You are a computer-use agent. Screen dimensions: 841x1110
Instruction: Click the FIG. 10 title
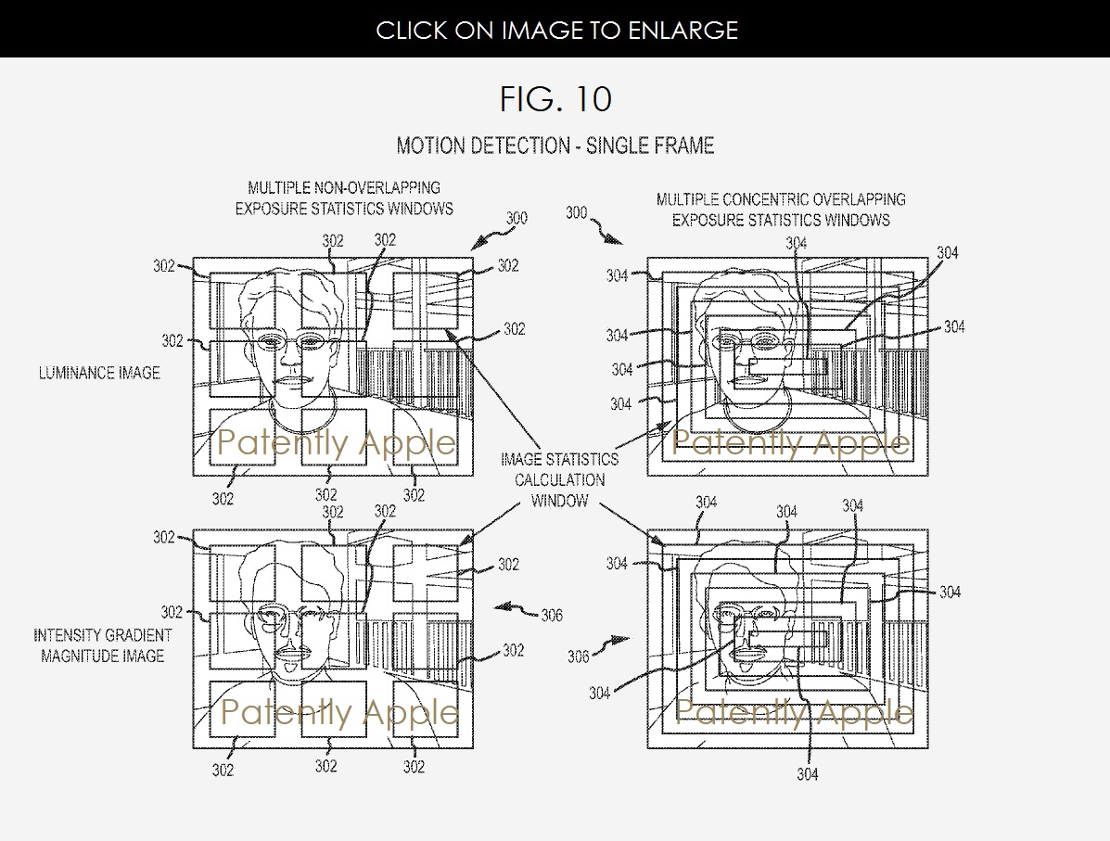pos(555,98)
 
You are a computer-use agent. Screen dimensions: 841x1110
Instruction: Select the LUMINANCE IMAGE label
pos(99,373)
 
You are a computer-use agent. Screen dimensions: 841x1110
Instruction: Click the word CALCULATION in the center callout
pos(559,479)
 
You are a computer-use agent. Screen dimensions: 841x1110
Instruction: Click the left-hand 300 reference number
pos(516,219)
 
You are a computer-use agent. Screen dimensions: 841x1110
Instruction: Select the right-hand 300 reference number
pos(576,213)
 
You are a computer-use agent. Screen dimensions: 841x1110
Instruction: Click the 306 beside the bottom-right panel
pos(579,656)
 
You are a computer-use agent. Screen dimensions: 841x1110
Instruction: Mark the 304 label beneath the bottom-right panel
pos(808,774)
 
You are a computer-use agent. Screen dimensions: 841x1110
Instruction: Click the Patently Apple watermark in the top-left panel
pos(336,443)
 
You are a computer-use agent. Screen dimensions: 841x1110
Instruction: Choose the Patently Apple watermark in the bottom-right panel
pos(793,712)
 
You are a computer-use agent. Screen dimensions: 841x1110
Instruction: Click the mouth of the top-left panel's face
pos(292,381)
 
